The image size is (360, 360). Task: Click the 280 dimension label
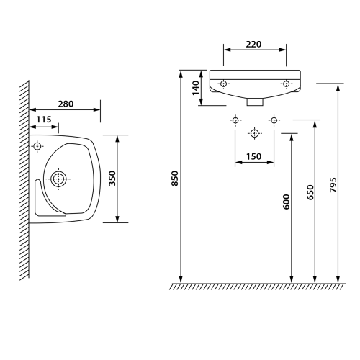pos(66,104)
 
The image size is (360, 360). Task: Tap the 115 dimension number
pos(44,120)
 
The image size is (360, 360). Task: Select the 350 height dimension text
pos(112,178)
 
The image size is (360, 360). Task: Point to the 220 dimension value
pos(253,44)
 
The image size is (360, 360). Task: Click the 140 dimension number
pos(196,88)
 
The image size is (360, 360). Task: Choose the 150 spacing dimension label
pos(253,156)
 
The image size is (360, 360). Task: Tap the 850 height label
pos(175,178)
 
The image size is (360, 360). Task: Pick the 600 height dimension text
pos(287,202)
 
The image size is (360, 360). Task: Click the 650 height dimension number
pos(310,192)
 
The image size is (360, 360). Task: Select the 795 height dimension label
pos(333,185)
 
